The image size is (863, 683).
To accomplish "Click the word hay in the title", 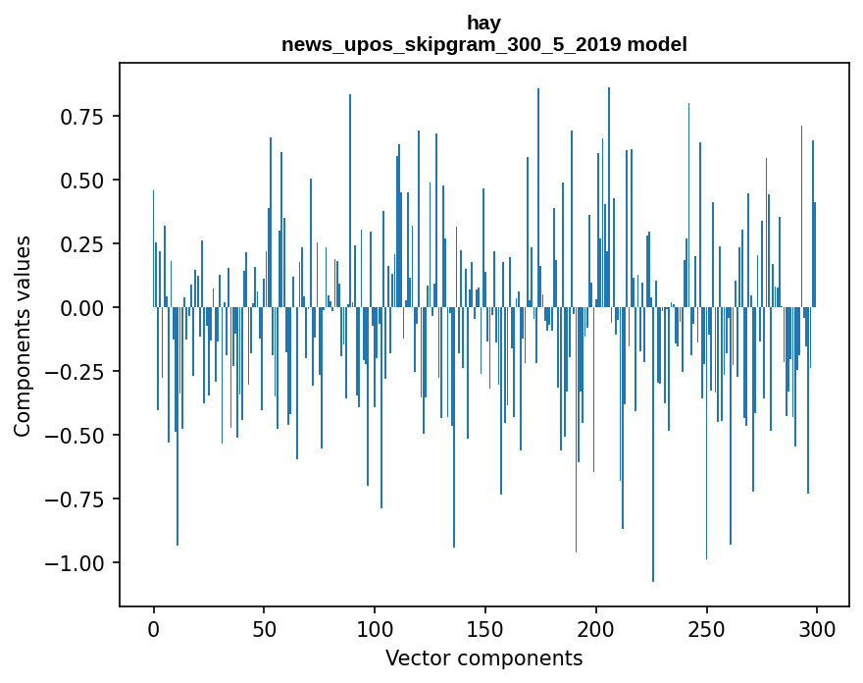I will pos(484,23).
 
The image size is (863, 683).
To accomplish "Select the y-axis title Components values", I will pos(23,336).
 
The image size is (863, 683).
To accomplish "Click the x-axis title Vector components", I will pos(484,658).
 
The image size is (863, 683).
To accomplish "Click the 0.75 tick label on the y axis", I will pos(82,117).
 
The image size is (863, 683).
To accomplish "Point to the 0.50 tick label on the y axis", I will pos(82,181).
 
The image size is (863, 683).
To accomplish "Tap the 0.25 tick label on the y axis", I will pos(82,244).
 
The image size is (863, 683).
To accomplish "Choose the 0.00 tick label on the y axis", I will pos(82,308).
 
